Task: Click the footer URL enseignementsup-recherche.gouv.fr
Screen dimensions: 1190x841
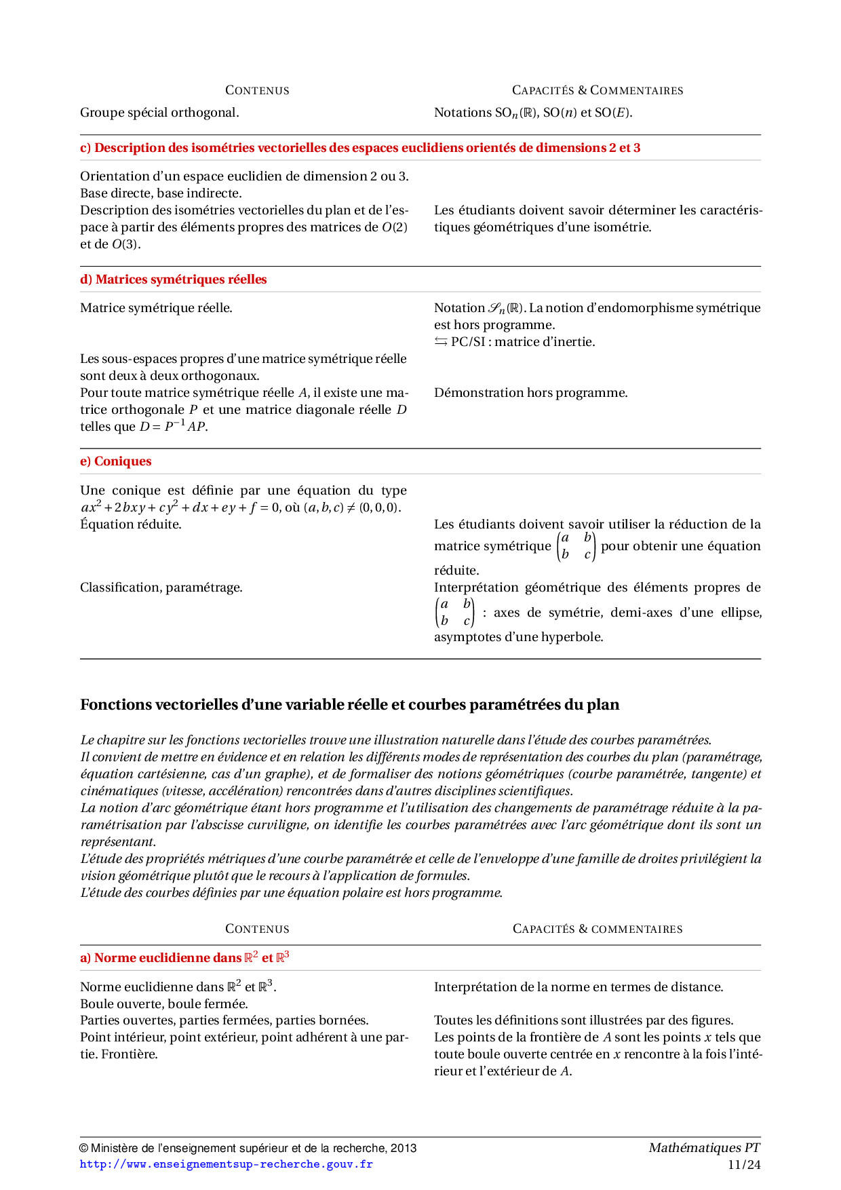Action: pyautogui.click(x=226, y=1164)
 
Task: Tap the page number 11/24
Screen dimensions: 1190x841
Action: pyautogui.click(x=744, y=1165)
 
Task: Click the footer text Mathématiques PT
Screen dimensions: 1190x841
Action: pyautogui.click(x=704, y=1147)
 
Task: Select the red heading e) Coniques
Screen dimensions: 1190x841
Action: pyautogui.click(x=116, y=461)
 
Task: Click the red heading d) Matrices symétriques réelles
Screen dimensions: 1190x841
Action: pyautogui.click(x=174, y=280)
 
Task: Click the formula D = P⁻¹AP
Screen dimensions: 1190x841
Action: pyautogui.click(x=173, y=427)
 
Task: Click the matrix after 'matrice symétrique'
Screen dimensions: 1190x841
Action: pyautogui.click(x=576, y=546)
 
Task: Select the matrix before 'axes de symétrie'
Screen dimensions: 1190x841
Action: pyautogui.click(x=454, y=612)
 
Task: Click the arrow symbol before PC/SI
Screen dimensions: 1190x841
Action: pyautogui.click(x=441, y=342)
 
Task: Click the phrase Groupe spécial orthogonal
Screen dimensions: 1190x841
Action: pyautogui.click(x=159, y=113)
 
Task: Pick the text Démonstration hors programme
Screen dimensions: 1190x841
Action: pyautogui.click(x=530, y=393)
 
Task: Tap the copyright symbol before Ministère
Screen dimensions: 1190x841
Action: pyautogui.click(x=84, y=1148)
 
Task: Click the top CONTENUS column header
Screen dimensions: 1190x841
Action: pyautogui.click(x=257, y=90)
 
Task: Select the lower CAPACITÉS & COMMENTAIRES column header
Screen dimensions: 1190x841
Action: pyautogui.click(x=597, y=929)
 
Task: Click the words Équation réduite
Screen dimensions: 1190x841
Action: pyautogui.click(x=131, y=524)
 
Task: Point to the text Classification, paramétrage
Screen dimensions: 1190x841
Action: pyautogui.click(x=161, y=588)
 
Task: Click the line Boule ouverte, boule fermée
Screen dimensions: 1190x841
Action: pyautogui.click(x=164, y=1003)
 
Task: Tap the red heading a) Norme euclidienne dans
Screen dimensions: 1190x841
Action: pyautogui.click(x=184, y=957)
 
